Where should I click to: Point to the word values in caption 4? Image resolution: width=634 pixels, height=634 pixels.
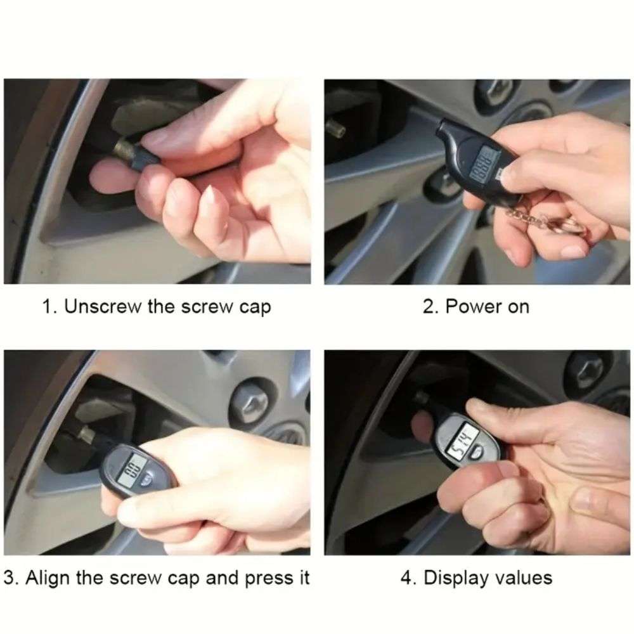[519, 578]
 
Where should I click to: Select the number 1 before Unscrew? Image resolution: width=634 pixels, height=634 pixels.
[47, 307]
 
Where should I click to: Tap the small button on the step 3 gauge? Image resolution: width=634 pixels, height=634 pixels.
[147, 482]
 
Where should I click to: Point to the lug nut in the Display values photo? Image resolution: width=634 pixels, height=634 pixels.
[585, 369]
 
